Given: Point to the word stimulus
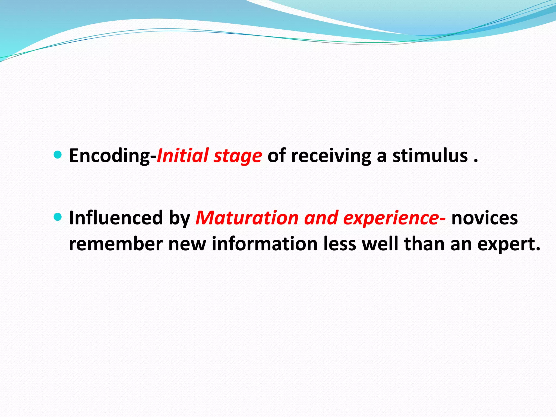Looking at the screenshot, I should [430, 156].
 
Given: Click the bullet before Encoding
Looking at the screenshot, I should [58, 155].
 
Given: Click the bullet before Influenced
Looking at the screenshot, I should [58, 217].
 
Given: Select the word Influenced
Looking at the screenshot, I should [116, 218].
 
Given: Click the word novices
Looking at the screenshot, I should [484, 218].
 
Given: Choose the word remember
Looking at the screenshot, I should [116, 244].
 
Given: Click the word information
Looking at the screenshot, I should [264, 244].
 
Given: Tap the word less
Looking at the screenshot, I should [340, 244].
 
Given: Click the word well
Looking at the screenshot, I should [380, 244].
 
